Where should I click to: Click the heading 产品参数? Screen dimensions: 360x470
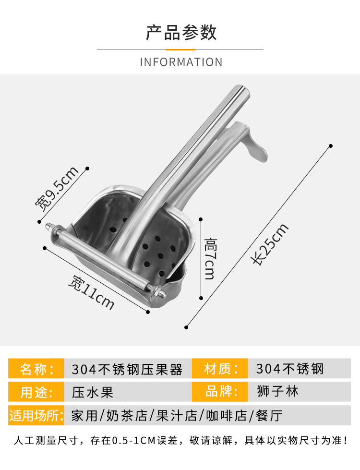[x=181, y=32]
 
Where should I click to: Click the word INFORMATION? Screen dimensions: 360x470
[x=181, y=62]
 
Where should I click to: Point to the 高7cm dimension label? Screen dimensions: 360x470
[x=210, y=259]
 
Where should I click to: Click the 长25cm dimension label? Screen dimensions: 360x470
[x=269, y=244]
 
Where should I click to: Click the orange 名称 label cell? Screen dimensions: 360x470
[x=36, y=368]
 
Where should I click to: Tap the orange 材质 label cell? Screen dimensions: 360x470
[x=220, y=368]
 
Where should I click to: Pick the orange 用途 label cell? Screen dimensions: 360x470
[x=36, y=392]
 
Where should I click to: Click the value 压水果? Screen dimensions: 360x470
[x=93, y=392]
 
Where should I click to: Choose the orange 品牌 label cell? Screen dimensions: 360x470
[x=220, y=392]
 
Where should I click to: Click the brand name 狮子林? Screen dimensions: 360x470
[x=277, y=391]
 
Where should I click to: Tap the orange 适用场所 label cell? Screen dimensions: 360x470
[x=36, y=415]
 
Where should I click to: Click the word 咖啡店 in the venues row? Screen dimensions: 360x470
[x=227, y=416]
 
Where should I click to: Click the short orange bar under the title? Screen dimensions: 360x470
[x=181, y=49]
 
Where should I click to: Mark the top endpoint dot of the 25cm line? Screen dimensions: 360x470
[x=331, y=146]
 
